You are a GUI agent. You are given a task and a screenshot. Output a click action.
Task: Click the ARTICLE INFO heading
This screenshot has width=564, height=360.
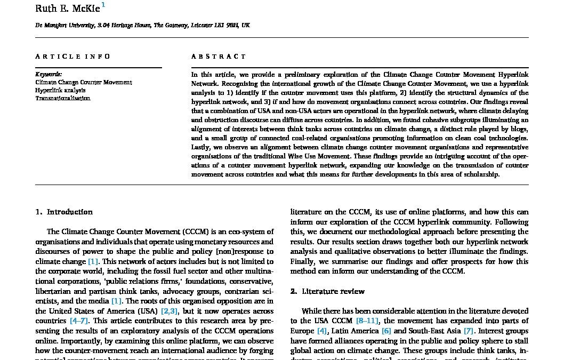73,57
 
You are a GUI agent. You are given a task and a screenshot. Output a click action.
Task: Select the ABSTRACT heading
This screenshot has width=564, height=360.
219,57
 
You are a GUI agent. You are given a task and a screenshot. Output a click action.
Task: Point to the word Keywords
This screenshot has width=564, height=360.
49,75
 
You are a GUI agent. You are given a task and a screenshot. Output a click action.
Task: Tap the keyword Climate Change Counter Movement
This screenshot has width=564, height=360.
84,83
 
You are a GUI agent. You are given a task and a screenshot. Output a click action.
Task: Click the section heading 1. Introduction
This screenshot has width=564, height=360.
64,212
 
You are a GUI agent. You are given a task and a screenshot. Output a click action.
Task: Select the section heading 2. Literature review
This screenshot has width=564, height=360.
327,291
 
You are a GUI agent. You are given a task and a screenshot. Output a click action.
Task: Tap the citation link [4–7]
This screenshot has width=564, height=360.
79,321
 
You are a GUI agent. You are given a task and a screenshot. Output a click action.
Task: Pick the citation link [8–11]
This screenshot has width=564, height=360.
368,321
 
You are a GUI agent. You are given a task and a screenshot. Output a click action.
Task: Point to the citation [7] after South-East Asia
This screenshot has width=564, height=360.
469,331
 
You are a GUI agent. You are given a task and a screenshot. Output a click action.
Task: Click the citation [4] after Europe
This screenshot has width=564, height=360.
322,331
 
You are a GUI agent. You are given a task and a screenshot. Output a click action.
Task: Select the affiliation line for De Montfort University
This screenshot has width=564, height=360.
142,25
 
